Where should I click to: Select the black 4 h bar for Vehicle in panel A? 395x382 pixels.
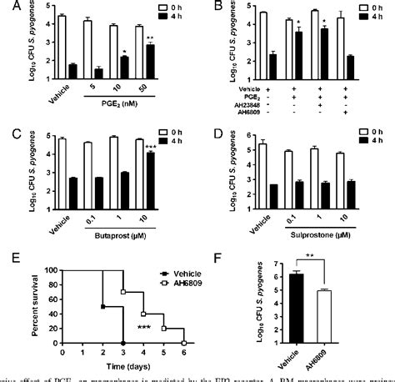click(x=72, y=73)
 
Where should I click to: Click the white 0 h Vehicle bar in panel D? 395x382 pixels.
click(x=264, y=155)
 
